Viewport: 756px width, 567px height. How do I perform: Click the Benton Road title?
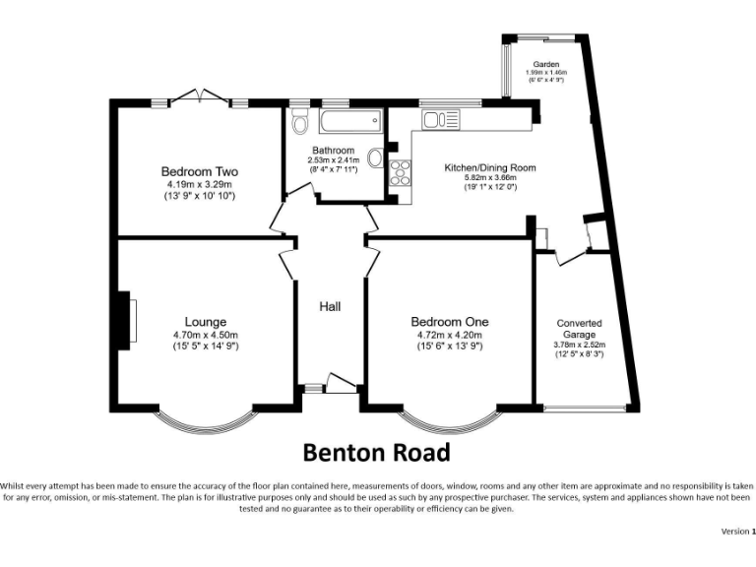point(376,452)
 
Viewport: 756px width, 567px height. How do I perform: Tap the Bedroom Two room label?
point(200,171)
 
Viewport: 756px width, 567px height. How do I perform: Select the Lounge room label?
point(206,322)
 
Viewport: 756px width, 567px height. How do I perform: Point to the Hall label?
point(330,307)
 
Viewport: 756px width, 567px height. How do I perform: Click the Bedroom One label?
point(449,322)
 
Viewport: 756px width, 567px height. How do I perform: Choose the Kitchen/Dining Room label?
point(490,168)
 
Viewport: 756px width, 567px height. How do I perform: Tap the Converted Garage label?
point(579,329)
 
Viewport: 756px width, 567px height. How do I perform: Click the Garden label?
point(546,64)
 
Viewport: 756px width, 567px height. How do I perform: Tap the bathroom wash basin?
point(376,158)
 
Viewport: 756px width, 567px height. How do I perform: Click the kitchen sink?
point(441,120)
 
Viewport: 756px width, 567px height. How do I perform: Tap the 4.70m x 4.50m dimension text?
point(206,335)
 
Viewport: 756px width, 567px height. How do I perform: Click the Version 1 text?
point(736,531)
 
